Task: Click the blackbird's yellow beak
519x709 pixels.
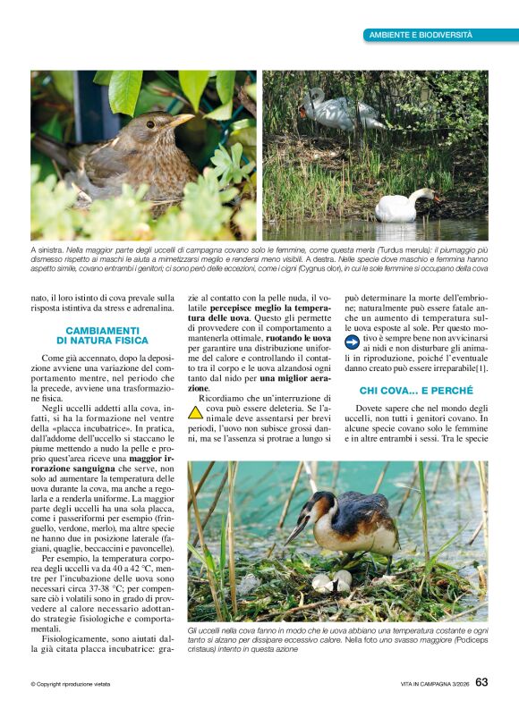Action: pos(182,119)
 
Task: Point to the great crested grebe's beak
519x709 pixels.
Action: pos(297,534)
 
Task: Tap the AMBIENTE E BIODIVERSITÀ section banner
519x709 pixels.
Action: pos(420,34)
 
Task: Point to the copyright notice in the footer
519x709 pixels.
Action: pos(71,685)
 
